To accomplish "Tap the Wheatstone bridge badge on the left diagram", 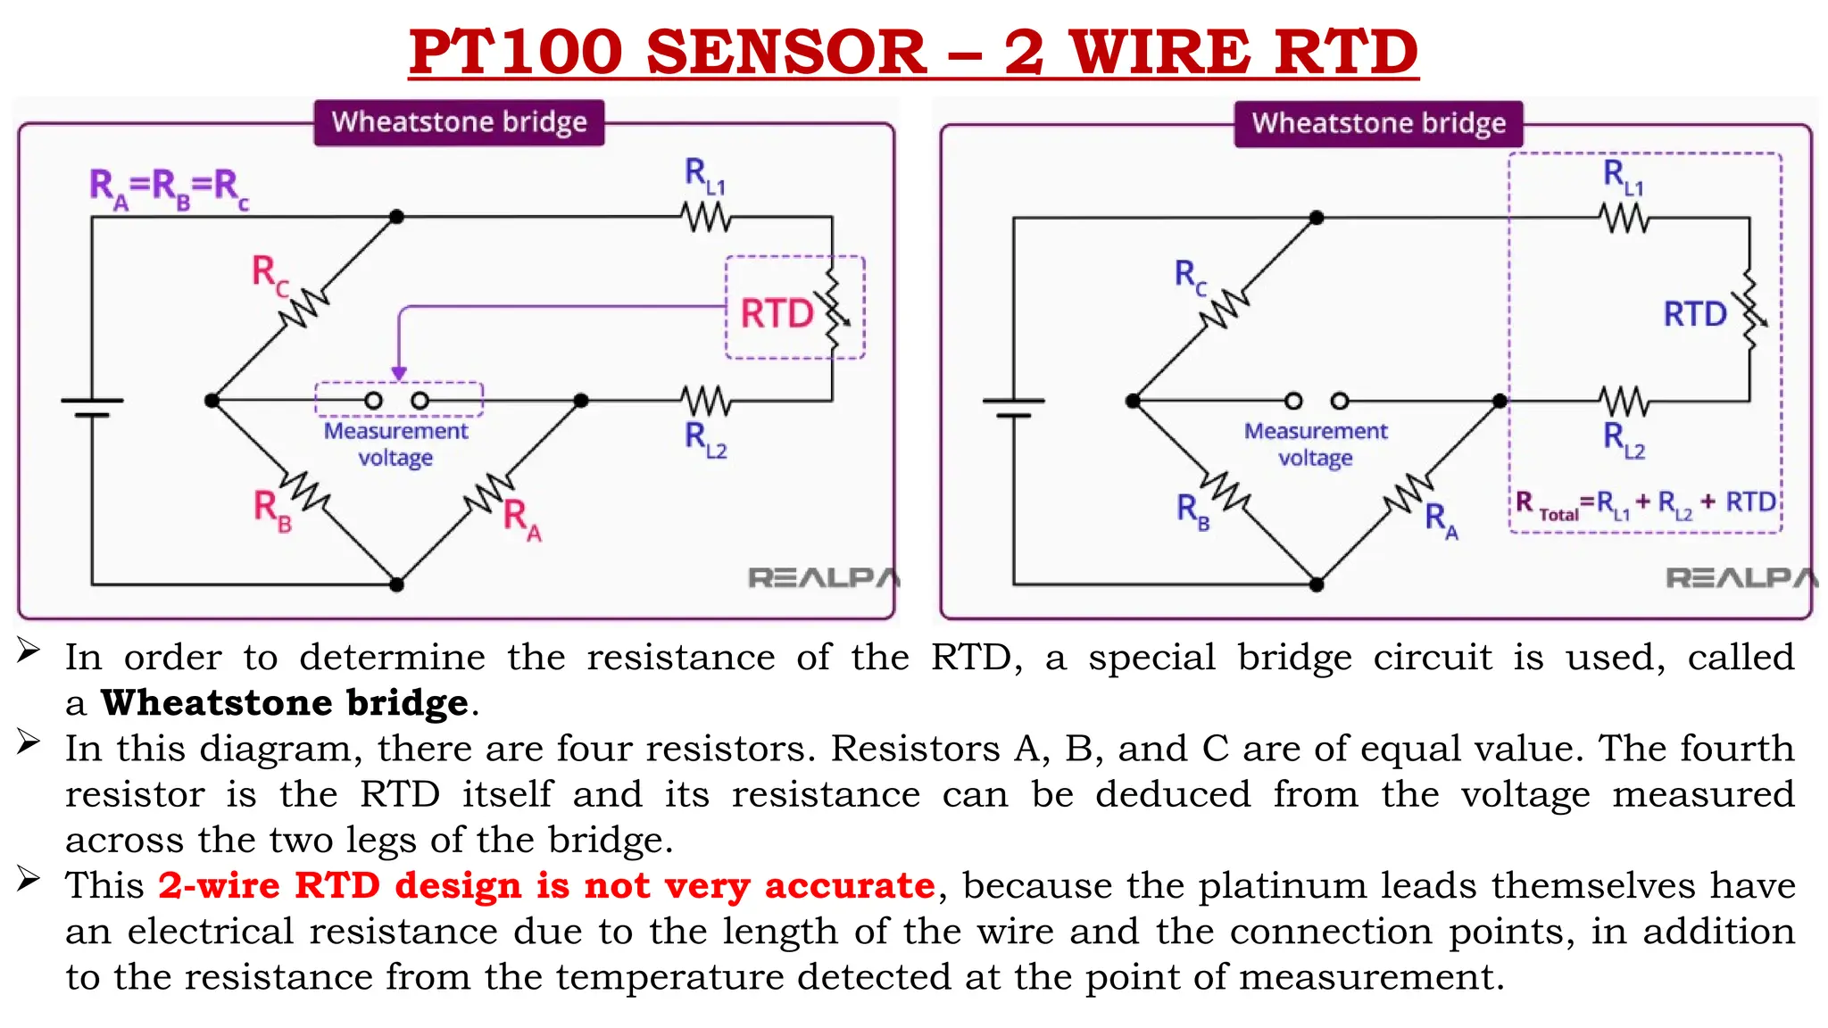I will click(x=459, y=122).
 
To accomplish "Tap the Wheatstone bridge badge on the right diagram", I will click(x=1378, y=123).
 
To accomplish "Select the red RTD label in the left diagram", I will click(x=777, y=314).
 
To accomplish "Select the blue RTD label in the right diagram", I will click(x=1695, y=314).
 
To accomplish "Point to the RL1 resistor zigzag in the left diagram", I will click(x=705, y=217).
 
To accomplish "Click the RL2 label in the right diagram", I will click(x=1624, y=440).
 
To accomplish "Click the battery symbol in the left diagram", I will click(x=92, y=408).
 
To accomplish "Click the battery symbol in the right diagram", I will click(x=1013, y=408).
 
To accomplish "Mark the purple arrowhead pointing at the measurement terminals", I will click(x=399, y=374).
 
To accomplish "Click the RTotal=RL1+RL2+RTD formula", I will click(x=1646, y=504).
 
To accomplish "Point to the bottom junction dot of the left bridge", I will click(x=397, y=584).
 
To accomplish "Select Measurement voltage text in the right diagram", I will click(x=1316, y=444).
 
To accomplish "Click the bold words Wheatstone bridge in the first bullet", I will click(x=284, y=703).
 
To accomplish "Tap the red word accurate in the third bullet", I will click(x=849, y=885).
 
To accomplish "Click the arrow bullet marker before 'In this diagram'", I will click(x=29, y=742).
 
